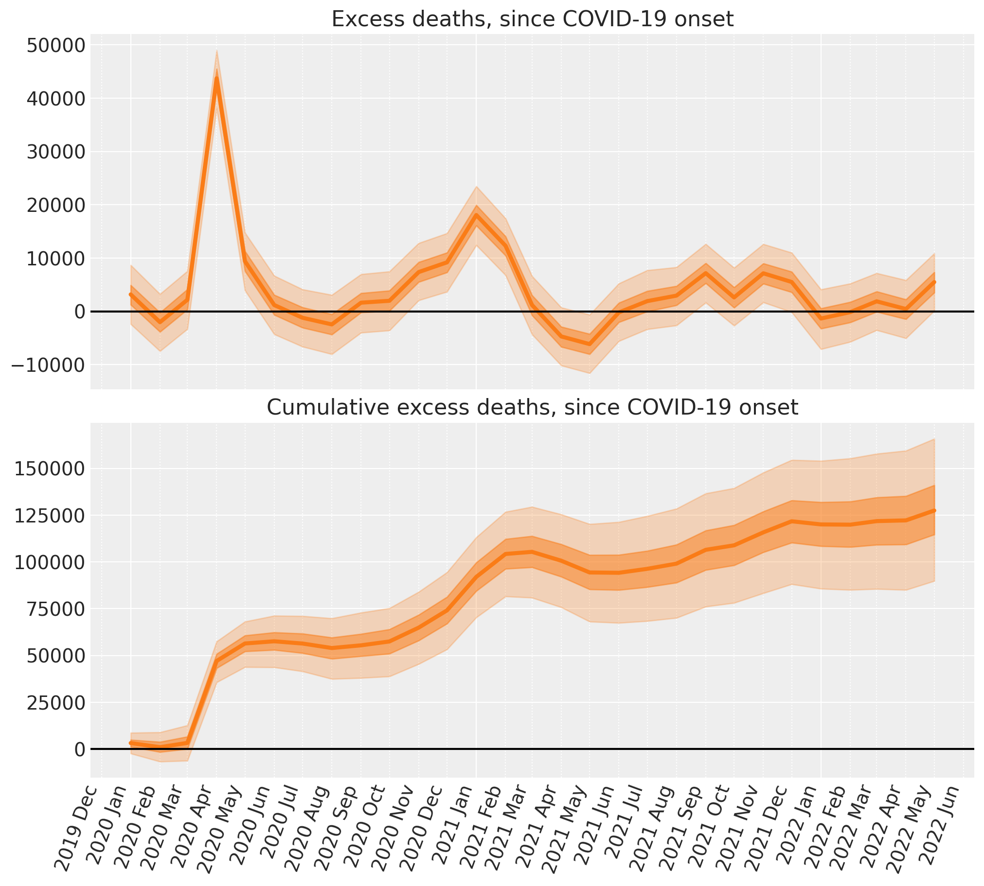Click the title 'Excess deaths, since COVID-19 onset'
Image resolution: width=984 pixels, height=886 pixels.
532,19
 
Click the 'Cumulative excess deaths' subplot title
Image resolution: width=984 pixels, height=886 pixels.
532,407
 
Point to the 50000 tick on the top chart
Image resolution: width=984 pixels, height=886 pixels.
50,46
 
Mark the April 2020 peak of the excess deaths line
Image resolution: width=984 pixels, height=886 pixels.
216,78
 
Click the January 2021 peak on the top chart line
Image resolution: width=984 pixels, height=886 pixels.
476,215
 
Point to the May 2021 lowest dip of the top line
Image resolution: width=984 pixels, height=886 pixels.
590,345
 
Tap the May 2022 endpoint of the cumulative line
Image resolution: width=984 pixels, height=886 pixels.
934,510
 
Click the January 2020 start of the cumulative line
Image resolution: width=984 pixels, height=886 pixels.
130,743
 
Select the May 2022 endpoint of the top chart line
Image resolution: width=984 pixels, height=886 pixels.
934,282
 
